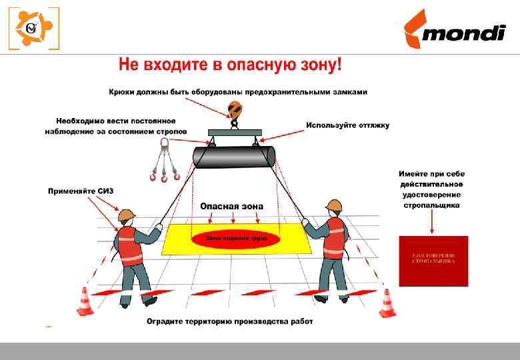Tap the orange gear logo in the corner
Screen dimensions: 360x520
tap(33, 29)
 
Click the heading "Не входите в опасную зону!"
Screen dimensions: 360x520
tap(230, 66)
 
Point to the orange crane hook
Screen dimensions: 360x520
tap(234, 111)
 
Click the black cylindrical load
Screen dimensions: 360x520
tap(234, 157)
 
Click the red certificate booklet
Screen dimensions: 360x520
tap(433, 261)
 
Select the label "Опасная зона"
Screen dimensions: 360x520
tap(231, 206)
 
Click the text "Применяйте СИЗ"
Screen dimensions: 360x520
tap(81, 191)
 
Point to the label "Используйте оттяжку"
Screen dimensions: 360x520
tap(347, 125)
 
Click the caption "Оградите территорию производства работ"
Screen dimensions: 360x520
tap(229, 321)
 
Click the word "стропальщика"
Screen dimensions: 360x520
tap(431, 205)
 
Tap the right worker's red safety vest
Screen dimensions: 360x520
tap(335, 238)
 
